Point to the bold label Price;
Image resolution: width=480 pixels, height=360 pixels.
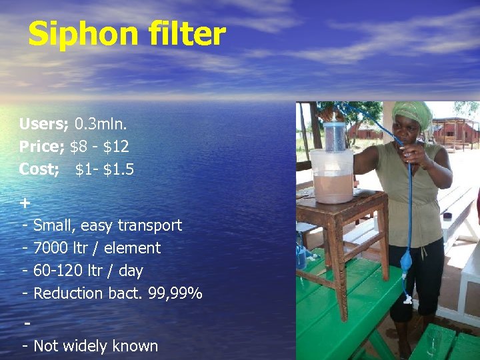tap(42, 147)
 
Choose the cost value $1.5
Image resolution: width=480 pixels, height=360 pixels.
tap(118, 169)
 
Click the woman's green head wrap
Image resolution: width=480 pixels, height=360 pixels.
tap(411, 113)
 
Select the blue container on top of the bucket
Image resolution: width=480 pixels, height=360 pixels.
tap(335, 137)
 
